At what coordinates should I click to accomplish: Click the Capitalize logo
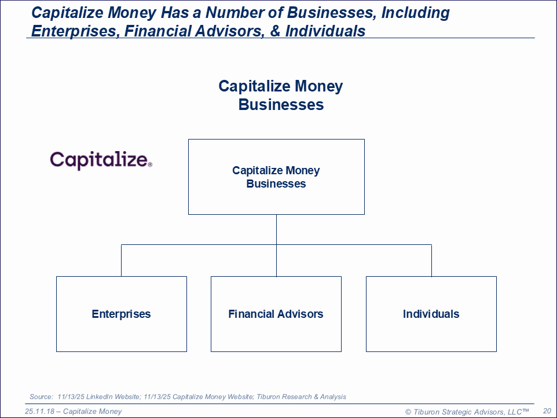coord(101,160)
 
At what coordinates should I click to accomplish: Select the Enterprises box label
coord(121,314)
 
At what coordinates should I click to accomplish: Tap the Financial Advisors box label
coord(276,314)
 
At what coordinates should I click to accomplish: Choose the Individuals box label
coord(431,314)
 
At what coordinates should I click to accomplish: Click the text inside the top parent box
coord(276,177)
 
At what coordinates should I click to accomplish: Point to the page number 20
coord(547,411)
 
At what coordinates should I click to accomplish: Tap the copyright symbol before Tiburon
coord(408,412)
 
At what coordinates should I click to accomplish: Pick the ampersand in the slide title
coord(275,31)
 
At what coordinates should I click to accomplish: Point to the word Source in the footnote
coord(41,397)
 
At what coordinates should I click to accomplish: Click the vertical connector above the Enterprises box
coord(121,261)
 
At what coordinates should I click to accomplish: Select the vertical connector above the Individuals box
coord(431,261)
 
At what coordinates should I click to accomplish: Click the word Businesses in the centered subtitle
coord(281,105)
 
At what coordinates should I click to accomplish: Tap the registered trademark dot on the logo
coord(150,164)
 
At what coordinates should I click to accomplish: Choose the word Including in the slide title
coord(415,13)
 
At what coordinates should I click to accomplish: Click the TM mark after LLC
coord(526,410)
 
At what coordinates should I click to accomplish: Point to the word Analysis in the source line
coord(333,397)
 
